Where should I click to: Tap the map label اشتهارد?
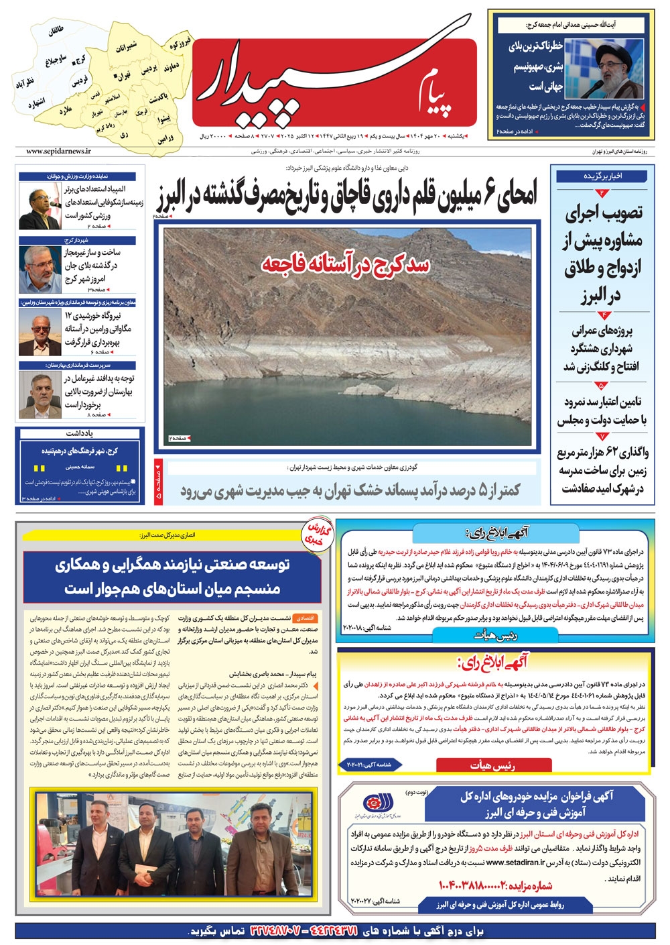(x=36, y=104)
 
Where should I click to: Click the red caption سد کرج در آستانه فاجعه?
(x=345, y=264)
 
